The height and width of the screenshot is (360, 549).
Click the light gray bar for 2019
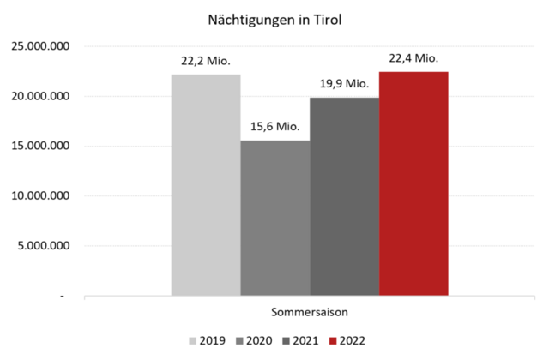[x=206, y=184]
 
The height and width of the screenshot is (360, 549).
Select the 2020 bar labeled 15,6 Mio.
[x=275, y=218]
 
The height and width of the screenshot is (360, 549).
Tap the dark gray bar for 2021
[x=345, y=196]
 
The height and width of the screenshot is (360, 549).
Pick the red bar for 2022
[x=413, y=183]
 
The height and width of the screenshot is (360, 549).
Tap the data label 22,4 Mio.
[x=413, y=58]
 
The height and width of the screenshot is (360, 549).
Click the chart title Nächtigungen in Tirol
[x=274, y=18]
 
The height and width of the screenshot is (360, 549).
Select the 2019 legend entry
[x=205, y=341]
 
